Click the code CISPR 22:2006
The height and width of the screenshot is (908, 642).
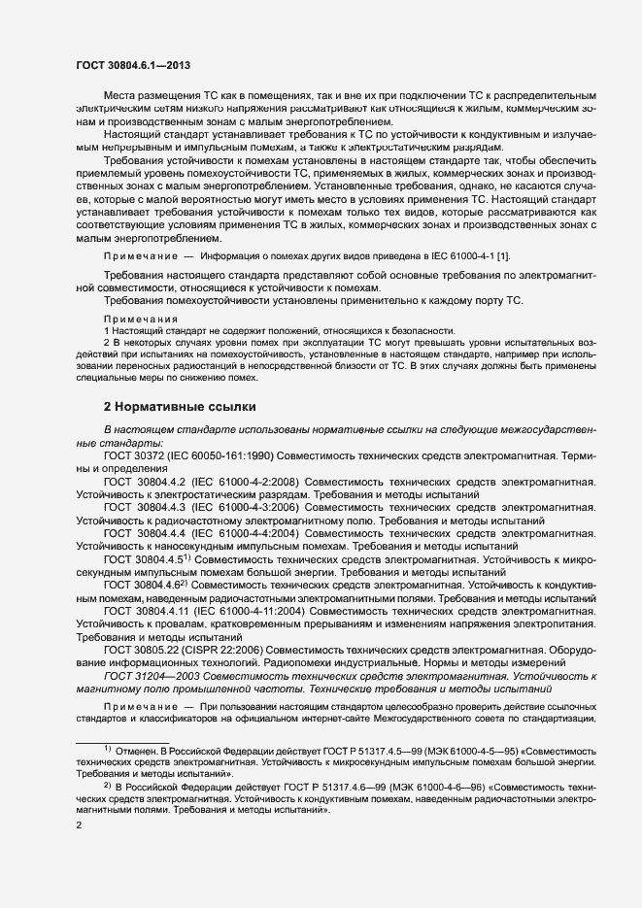233,647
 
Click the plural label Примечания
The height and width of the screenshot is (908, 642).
141,319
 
